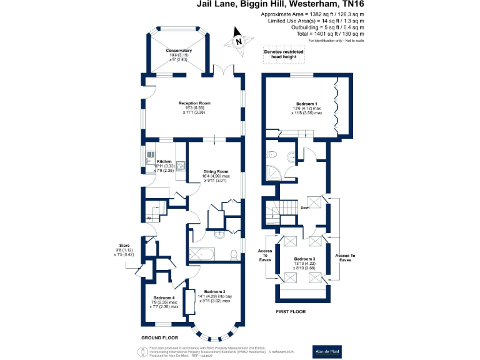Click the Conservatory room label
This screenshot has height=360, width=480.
point(179,54)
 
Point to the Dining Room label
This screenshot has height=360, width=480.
point(216,176)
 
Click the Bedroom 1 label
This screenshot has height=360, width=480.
point(307,108)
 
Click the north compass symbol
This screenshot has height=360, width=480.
point(238,39)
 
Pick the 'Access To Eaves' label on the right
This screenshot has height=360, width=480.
point(344,257)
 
